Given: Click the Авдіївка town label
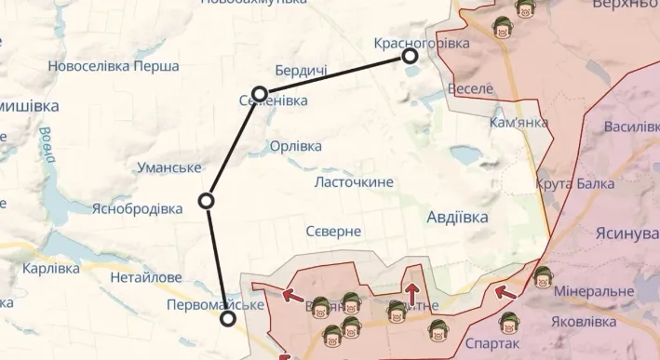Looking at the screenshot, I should [456, 217].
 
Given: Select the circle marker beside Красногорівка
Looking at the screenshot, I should [410, 56].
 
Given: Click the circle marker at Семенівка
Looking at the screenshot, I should [260, 94].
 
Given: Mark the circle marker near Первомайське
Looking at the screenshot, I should [228, 319].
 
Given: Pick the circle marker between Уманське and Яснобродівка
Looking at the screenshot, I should [208, 200].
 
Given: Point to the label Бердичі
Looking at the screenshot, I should [301, 72].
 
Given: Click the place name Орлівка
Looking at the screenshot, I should [295, 146].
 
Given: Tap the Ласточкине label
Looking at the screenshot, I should [354, 182].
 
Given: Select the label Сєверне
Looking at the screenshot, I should [333, 231].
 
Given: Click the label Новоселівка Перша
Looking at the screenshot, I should [114, 66].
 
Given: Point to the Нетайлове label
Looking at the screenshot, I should [145, 277].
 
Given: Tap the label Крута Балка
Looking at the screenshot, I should [574, 184].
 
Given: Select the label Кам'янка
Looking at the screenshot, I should [519, 122].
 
